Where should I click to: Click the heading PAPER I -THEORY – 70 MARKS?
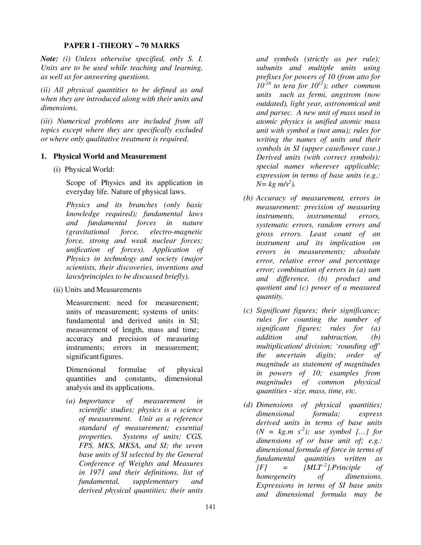pyautogui.click(x=121, y=46)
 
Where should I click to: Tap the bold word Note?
pyautogui.click(x=49, y=59)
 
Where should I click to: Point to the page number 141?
pyautogui.click(x=210, y=506)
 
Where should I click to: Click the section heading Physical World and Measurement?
pyautogui.click(x=110, y=156)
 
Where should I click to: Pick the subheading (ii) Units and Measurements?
pyautogui.click(x=97, y=290)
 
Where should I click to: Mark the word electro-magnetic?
pyautogui.click(x=176, y=232)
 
